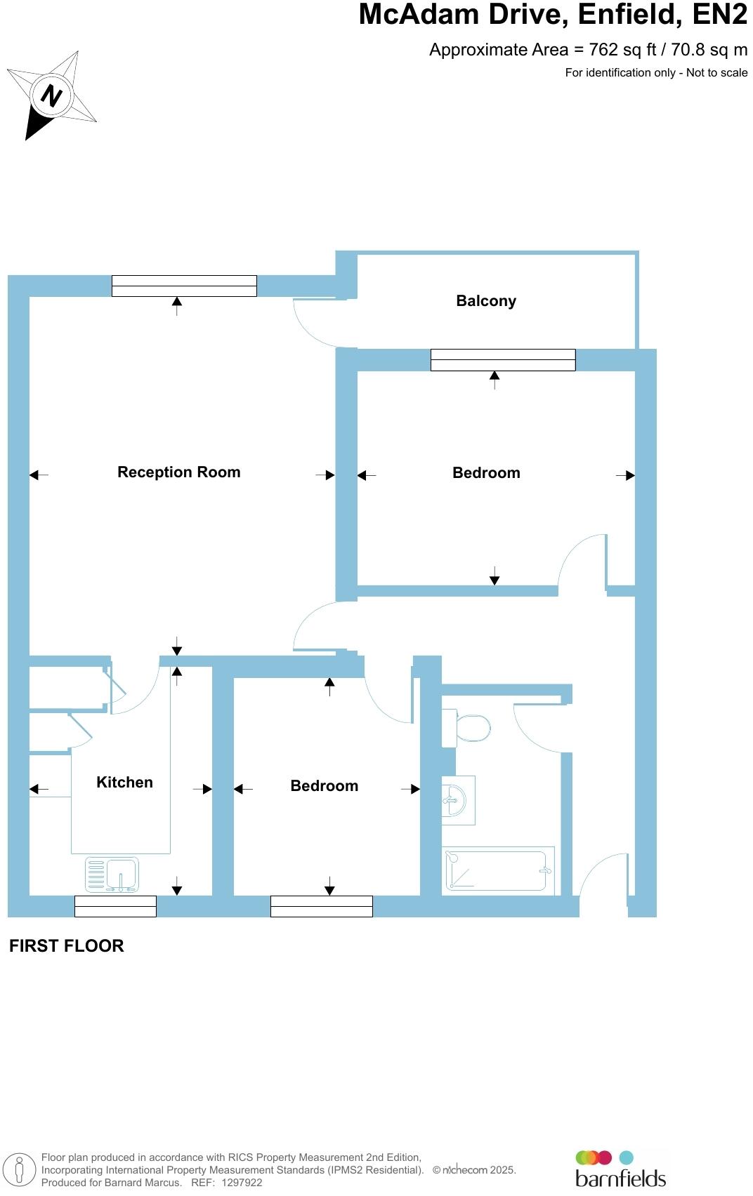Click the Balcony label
[486, 301]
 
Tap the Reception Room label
[178, 472]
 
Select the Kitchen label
[124, 783]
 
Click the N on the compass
[50, 95]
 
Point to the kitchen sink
[112, 875]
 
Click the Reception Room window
[184, 286]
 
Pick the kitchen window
[115, 906]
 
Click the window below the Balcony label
[503, 360]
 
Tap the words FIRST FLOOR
[67, 946]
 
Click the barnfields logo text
[620, 1178]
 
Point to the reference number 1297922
[242, 1183]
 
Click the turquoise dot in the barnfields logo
[626, 1157]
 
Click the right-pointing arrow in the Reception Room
[325, 475]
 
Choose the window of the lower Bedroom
[321, 906]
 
